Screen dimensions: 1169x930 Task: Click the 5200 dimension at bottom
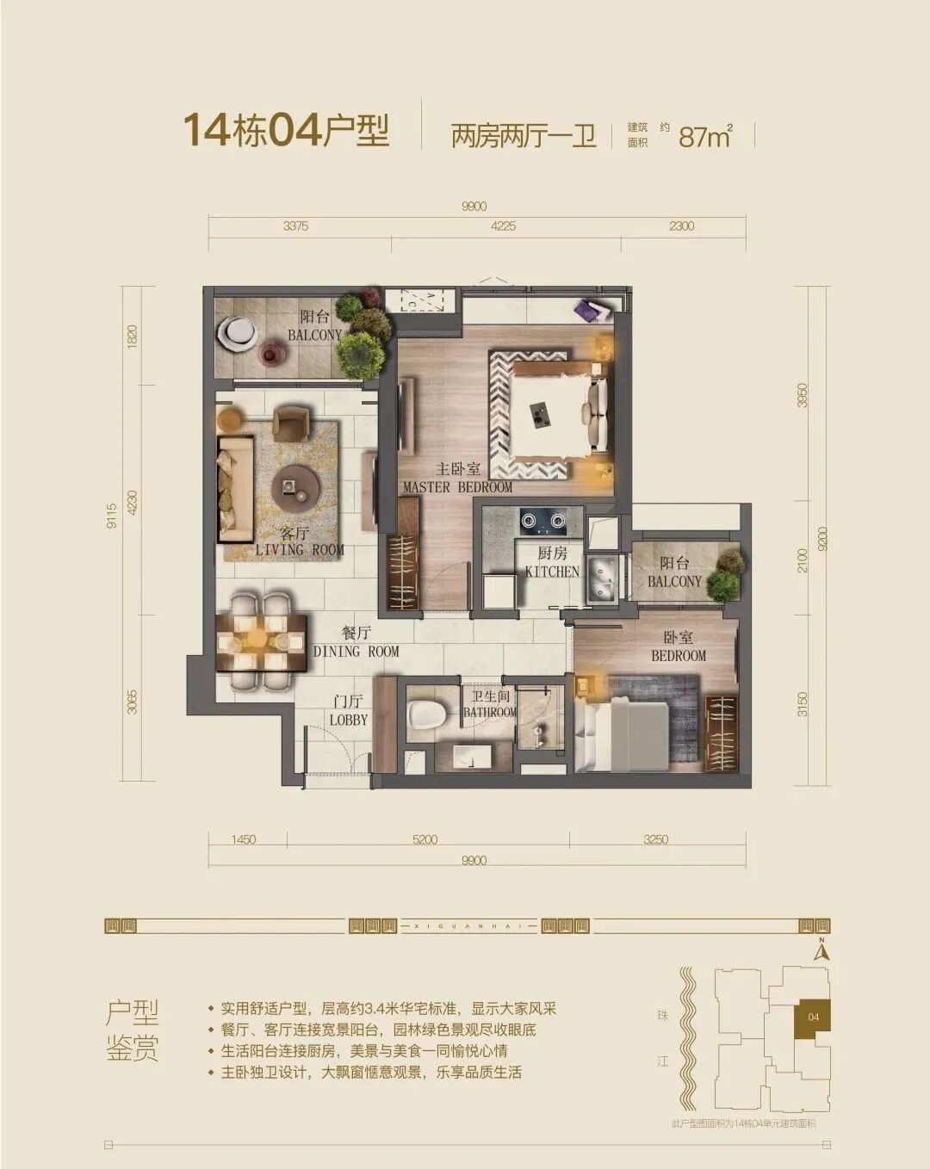425,839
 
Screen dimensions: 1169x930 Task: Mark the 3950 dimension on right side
803,394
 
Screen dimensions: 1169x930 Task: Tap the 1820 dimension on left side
132,336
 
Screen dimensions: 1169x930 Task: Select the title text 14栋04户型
286,131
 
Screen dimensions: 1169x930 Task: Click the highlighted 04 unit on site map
813,1017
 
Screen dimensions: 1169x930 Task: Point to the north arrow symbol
823,951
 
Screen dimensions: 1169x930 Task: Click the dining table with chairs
262,641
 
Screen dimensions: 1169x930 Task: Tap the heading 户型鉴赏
133,1030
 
